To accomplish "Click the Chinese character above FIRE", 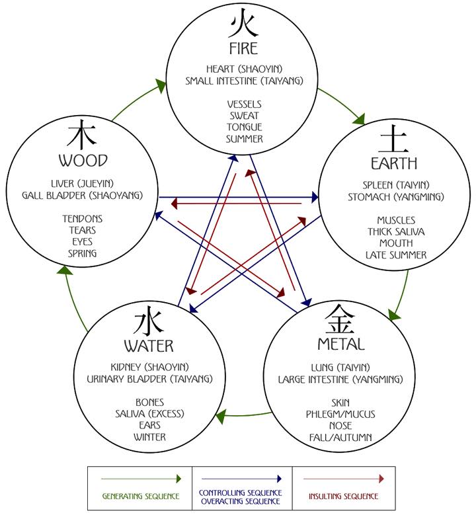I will (243, 24).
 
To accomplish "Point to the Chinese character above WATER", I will (148, 323).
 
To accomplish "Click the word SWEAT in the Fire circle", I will (243, 116).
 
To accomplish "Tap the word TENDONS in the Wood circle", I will (83, 219).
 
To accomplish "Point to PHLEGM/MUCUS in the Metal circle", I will (340, 414).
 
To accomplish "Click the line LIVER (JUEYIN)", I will (83, 183).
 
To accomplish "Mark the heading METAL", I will (340, 344).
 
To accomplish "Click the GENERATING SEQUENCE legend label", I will (140, 496).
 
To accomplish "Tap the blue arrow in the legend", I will (242, 478).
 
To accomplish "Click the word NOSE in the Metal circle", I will (341, 426).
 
